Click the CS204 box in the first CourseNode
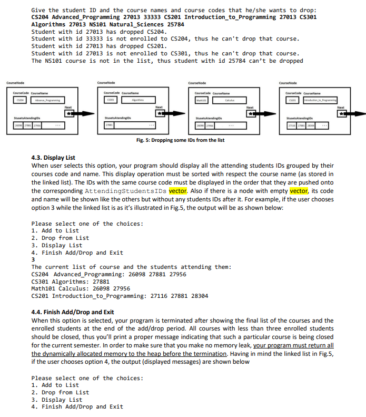(19, 99)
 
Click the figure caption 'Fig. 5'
(180, 140)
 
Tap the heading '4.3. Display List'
(53, 158)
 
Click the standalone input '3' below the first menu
(34, 260)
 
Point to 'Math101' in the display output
(44, 289)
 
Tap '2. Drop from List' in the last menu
(60, 392)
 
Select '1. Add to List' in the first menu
(55, 230)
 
